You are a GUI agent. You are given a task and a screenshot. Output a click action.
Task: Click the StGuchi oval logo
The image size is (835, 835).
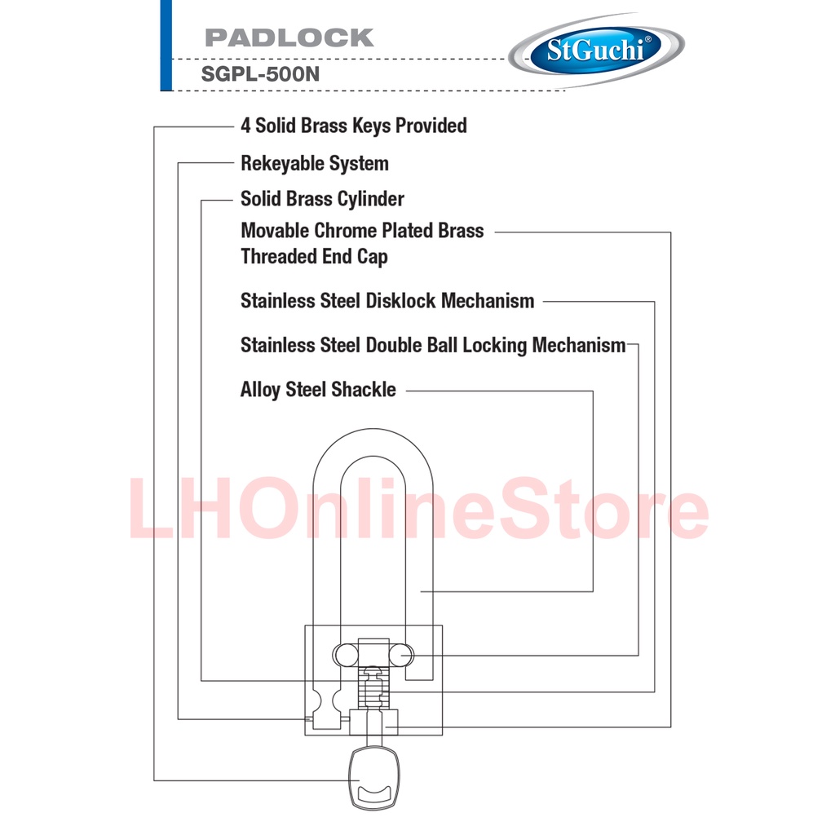595,51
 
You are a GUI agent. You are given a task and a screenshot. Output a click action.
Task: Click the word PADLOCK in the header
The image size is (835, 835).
289,38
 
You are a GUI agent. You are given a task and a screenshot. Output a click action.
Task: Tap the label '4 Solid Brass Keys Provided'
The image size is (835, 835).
353,126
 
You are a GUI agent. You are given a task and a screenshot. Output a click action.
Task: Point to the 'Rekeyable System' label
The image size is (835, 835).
314,163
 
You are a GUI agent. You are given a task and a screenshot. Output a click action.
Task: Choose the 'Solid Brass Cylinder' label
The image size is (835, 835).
322,199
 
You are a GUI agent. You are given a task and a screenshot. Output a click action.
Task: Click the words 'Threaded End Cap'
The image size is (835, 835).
314,256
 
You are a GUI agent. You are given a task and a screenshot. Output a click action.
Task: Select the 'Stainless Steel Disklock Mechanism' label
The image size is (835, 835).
387,301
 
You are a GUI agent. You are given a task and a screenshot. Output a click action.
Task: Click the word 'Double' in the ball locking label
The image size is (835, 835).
394,345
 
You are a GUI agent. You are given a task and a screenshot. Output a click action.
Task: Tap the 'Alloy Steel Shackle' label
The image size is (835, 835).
318,390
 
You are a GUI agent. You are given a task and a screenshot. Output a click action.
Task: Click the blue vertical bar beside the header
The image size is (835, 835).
166,45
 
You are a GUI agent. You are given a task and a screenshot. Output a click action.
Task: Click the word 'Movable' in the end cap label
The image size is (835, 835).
274,231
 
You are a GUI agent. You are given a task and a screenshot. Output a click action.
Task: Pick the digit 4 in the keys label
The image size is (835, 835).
245,126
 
